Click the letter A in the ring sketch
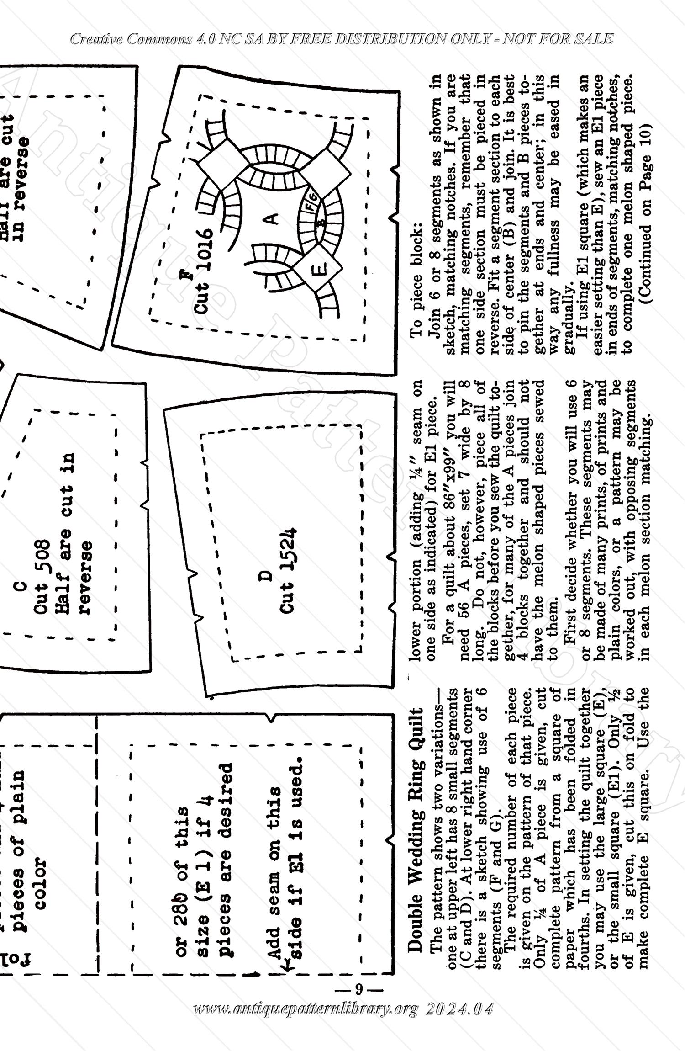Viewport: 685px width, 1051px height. pos(273,220)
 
